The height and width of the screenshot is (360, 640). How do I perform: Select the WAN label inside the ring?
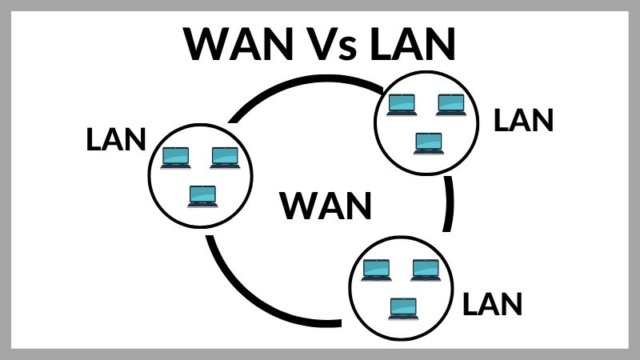[x=326, y=206]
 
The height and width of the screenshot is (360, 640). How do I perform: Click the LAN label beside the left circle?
[x=116, y=139]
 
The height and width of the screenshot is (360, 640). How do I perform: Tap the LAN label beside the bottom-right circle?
[x=493, y=303]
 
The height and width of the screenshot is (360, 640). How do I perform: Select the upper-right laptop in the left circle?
[x=224, y=157]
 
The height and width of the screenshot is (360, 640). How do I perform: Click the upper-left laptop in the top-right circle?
[x=402, y=104]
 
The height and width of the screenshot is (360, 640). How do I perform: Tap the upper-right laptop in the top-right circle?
[x=451, y=104]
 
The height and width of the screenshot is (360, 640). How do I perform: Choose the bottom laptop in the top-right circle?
[x=428, y=142]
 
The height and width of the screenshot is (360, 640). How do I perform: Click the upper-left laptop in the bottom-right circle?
[x=376, y=270]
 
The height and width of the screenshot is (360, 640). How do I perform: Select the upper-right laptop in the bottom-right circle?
[x=425, y=270]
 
